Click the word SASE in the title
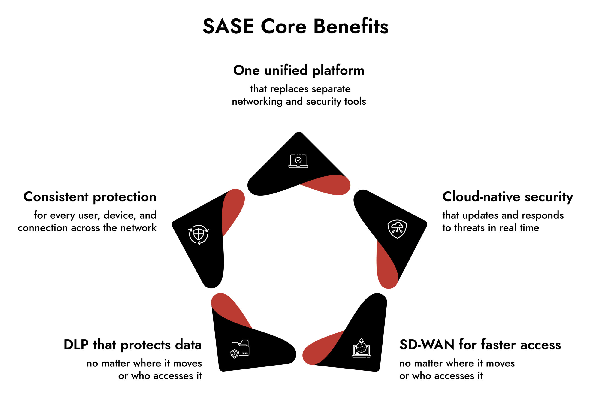[x=228, y=27]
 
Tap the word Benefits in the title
[x=351, y=27]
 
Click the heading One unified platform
[x=299, y=70]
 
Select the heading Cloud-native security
[x=507, y=197]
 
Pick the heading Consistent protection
[x=90, y=197]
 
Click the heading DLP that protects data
[x=133, y=345]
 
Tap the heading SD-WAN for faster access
[x=480, y=345]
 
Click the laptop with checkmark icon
[x=298, y=161]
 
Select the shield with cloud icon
[x=397, y=229]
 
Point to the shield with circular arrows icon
[x=199, y=235]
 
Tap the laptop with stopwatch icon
[x=361, y=348]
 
